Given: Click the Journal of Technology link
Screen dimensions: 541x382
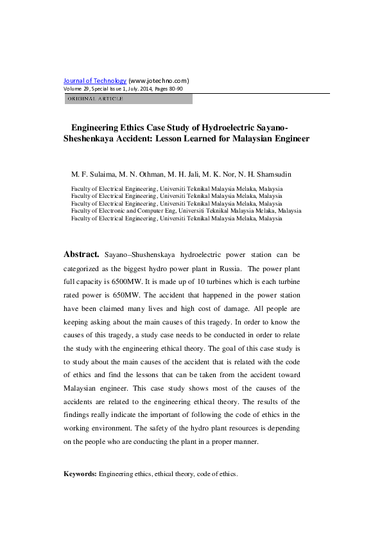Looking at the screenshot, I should (x=95, y=80).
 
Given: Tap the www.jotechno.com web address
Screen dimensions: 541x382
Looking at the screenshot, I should (x=159, y=80).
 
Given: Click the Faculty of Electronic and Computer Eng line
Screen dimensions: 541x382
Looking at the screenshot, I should (x=186, y=211).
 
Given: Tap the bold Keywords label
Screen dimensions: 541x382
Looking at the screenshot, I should (x=80, y=474).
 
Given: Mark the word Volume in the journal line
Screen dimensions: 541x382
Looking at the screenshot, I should (x=72, y=88).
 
